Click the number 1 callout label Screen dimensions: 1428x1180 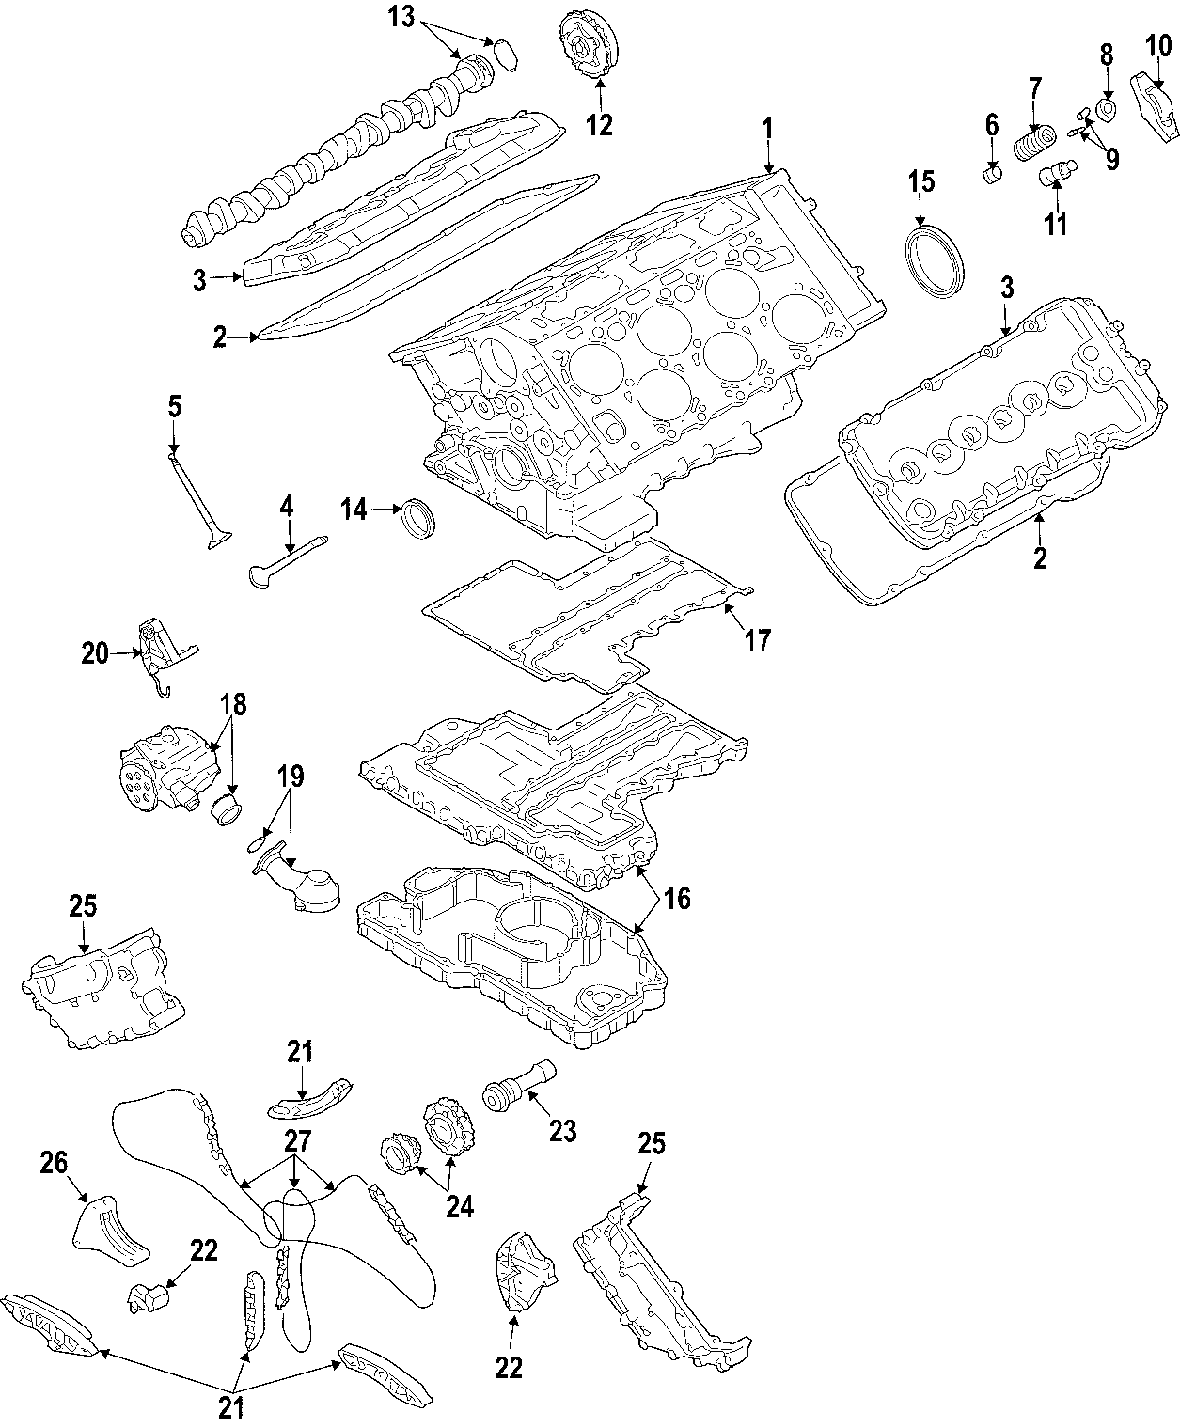coord(767,128)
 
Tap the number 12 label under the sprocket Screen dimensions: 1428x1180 coord(599,123)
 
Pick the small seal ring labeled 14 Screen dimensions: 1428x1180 coord(418,519)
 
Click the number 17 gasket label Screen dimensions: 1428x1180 coord(758,640)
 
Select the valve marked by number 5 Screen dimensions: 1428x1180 coord(198,500)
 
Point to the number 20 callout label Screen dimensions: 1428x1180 coord(95,652)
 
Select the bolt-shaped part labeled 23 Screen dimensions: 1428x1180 coord(517,1090)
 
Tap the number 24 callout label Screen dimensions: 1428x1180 coord(460,1205)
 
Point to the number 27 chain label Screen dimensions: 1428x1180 coord(297,1141)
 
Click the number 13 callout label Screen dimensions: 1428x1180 coord(401,17)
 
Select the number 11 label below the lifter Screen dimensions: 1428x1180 coord(1056,224)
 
